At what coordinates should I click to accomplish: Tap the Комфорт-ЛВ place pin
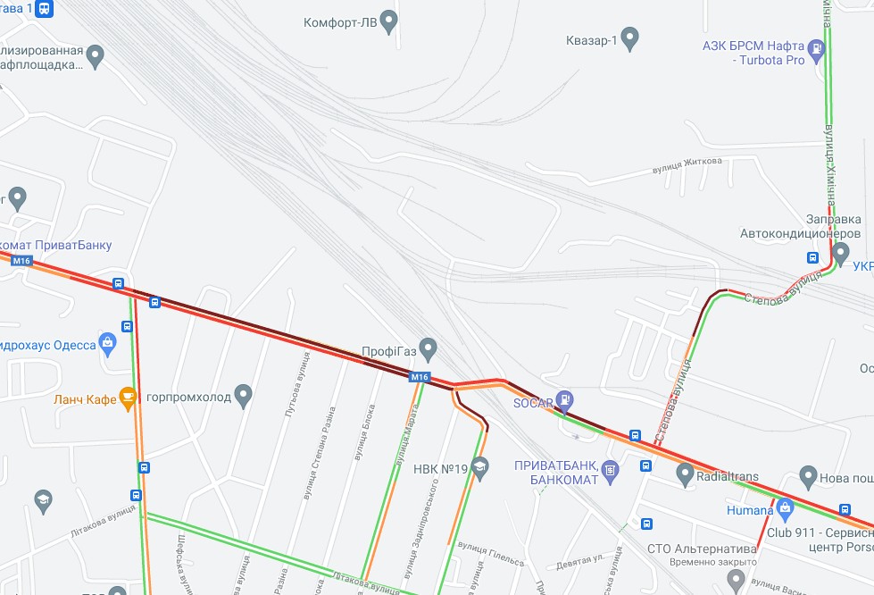(x=388, y=21)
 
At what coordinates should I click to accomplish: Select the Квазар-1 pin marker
(x=630, y=38)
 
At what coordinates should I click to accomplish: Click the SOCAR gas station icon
(x=564, y=400)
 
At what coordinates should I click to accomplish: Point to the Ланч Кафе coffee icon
(x=128, y=398)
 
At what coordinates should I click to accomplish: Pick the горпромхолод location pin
(x=244, y=395)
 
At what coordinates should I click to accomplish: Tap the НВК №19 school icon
(x=480, y=465)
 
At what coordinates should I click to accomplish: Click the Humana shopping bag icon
(x=786, y=509)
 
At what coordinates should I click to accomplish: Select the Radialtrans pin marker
(x=685, y=473)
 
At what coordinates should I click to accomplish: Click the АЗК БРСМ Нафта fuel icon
(x=816, y=49)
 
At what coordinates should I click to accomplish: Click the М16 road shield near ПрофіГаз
(x=420, y=377)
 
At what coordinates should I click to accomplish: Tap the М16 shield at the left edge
(x=22, y=261)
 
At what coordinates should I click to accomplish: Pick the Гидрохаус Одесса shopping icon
(x=108, y=341)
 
